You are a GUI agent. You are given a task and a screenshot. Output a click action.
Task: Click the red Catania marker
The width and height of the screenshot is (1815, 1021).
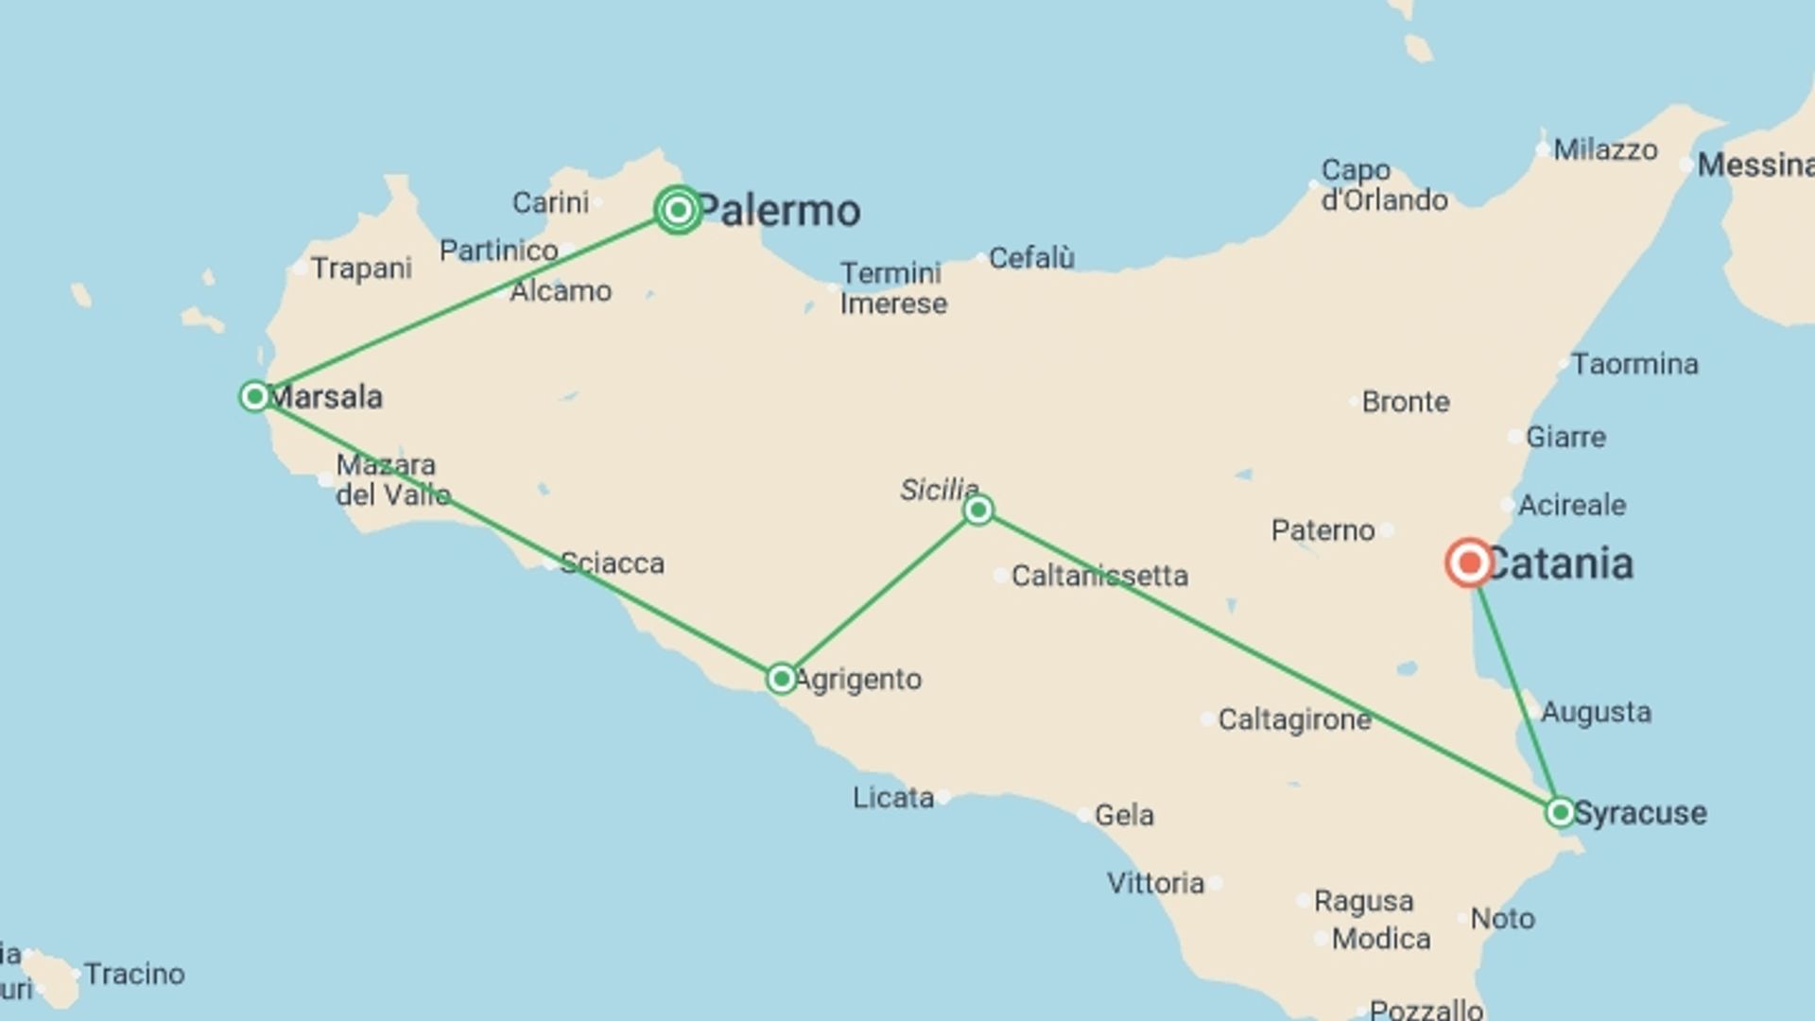click(x=1469, y=563)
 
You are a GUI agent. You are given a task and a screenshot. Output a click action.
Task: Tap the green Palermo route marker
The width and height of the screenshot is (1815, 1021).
click(x=678, y=209)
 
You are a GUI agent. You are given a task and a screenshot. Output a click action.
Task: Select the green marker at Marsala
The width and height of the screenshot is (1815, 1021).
click(x=254, y=396)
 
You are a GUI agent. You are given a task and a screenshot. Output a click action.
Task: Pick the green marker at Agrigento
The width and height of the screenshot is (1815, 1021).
click(x=781, y=679)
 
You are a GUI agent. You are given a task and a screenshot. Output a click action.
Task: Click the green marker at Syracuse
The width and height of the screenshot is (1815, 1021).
click(x=1560, y=812)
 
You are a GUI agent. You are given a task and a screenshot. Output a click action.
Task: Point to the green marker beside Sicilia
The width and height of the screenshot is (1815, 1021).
click(x=978, y=510)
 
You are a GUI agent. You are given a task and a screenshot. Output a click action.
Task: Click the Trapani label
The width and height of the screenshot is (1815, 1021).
click(x=361, y=268)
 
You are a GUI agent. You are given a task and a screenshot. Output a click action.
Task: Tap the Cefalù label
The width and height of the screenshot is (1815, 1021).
click(x=1031, y=257)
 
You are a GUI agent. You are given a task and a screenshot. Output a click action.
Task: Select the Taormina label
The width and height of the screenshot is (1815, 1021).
click(x=1634, y=364)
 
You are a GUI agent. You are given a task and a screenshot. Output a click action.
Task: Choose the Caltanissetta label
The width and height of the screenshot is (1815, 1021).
click(x=1099, y=576)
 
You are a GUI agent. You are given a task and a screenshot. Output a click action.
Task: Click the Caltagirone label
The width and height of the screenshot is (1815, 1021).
click(x=1294, y=720)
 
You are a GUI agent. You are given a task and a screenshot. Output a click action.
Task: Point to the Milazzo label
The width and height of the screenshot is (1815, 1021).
click(x=1605, y=149)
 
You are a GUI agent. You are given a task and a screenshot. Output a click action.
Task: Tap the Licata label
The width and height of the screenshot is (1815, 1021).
click(x=893, y=798)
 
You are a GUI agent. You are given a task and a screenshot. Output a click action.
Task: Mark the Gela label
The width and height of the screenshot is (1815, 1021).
click(x=1124, y=815)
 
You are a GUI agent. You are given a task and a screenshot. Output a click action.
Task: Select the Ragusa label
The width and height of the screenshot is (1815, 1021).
click(x=1363, y=901)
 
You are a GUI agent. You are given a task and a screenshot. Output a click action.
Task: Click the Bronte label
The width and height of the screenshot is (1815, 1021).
click(x=1406, y=402)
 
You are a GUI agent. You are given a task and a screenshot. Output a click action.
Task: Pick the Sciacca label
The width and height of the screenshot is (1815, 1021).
click(x=612, y=563)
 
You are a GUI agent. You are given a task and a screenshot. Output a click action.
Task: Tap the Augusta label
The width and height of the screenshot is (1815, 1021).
click(x=1596, y=712)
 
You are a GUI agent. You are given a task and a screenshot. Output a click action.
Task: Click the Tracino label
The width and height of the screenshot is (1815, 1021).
click(x=134, y=974)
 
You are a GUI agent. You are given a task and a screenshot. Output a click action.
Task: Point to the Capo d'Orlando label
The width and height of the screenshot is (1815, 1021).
click(x=1384, y=185)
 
